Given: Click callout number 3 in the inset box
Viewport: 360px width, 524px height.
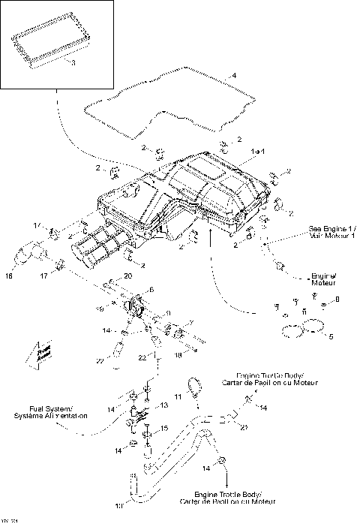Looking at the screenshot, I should click(73, 64).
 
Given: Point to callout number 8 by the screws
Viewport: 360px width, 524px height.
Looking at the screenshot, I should click(336, 300).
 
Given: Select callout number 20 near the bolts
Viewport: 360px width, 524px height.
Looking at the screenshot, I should click(127, 277).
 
